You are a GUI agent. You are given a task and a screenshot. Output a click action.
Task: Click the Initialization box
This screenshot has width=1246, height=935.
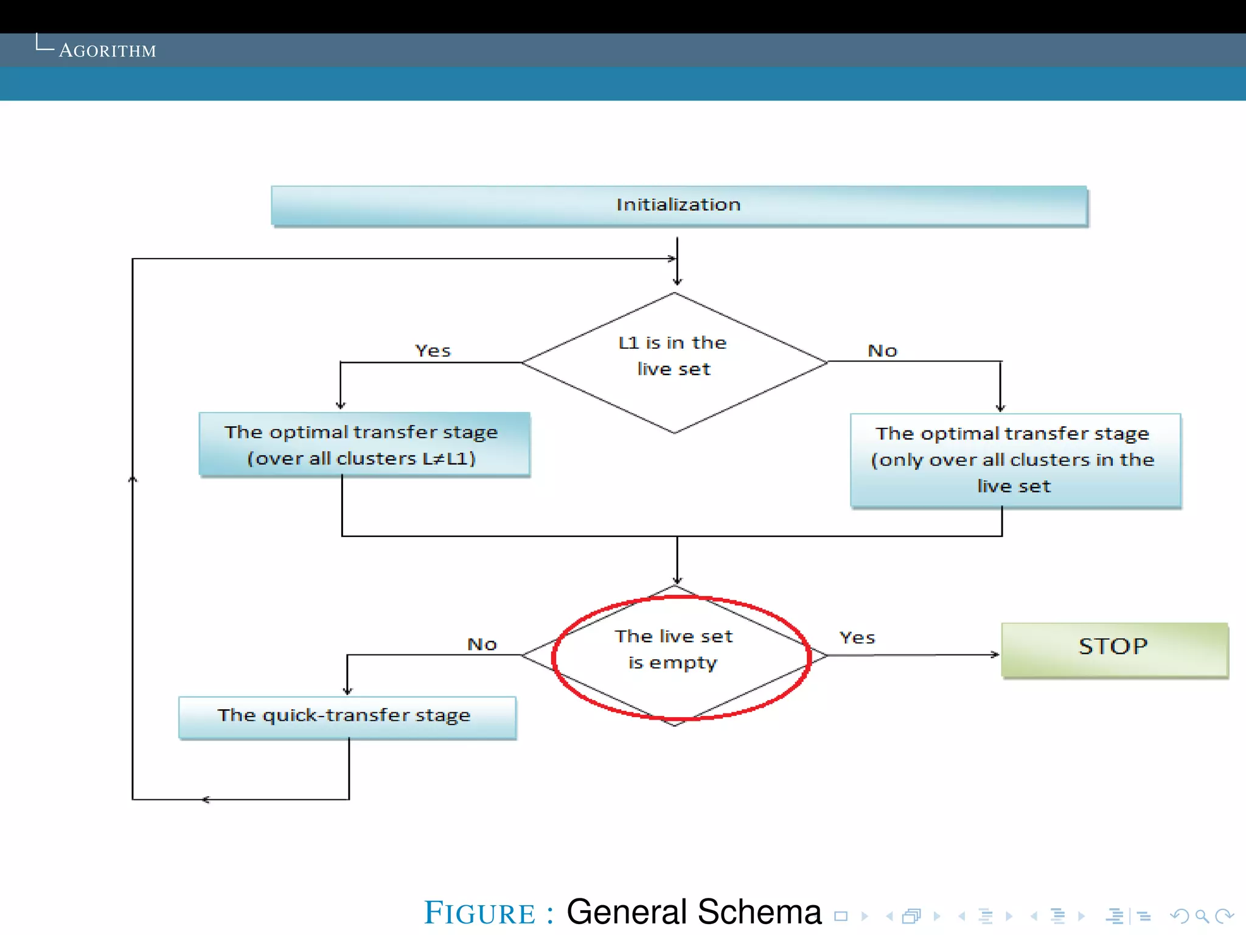coord(678,205)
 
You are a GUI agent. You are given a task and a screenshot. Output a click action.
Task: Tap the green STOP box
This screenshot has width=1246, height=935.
coord(1113,648)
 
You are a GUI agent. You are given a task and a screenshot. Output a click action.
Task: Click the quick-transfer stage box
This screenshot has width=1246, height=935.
coord(347,716)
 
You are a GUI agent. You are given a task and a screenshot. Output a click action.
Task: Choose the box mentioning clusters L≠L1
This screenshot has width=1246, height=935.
coord(364,445)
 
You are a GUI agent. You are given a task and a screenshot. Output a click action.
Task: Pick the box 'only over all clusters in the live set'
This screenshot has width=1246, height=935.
coord(1015,460)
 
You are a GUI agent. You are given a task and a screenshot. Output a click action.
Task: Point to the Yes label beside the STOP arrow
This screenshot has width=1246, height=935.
coord(857,638)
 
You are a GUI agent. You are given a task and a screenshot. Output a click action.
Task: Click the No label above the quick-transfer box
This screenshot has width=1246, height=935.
coord(482,644)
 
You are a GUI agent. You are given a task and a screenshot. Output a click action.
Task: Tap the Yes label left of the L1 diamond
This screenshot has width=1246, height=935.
coord(433,351)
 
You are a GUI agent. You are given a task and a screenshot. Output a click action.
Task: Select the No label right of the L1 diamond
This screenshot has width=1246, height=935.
coord(882,351)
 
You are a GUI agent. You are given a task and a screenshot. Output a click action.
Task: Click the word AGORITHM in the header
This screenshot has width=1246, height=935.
coord(108,51)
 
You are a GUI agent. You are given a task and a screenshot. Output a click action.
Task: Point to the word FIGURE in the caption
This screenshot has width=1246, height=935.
coord(480,913)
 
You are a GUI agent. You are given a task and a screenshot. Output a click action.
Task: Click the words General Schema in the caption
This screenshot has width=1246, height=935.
coord(694,912)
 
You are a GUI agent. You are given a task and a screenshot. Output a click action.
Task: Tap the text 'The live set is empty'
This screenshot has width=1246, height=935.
coord(673,650)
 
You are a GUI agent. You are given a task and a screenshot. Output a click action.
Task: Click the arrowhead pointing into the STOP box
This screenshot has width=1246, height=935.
coord(995,655)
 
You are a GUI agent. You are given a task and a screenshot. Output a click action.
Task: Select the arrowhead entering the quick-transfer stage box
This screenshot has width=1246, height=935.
coord(347,692)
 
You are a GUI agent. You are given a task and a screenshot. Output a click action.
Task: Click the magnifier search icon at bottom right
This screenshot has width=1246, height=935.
coord(1202,916)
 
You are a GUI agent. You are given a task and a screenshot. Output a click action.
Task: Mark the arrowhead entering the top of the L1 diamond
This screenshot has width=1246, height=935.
coord(677,282)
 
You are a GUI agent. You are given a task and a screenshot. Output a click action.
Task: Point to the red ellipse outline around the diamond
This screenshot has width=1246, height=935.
coord(809,657)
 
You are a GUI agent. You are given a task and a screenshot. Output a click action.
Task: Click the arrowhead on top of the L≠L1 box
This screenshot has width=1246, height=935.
coord(341,406)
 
